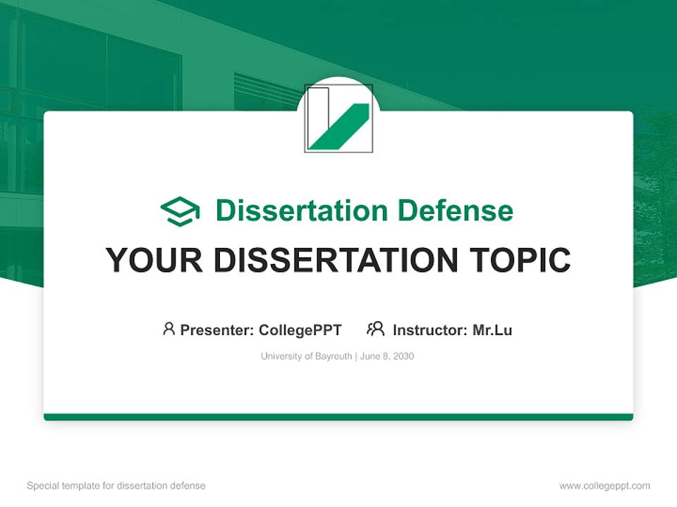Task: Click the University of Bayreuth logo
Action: click(338, 118)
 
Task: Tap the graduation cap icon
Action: click(180, 211)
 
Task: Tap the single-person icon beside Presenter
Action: click(169, 329)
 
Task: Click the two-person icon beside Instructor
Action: click(375, 329)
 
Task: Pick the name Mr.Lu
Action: click(492, 330)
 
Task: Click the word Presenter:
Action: click(217, 330)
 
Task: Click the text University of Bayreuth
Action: click(306, 356)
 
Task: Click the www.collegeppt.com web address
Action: click(604, 486)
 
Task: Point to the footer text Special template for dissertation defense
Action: click(116, 486)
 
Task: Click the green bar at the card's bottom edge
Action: click(338, 417)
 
